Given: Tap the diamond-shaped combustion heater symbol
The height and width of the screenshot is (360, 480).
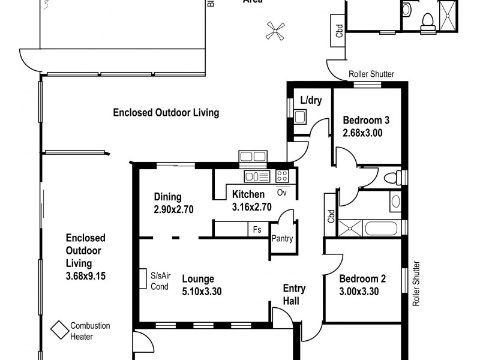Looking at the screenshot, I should click(x=59, y=330).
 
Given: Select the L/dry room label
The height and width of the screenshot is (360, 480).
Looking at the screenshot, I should click(x=311, y=100).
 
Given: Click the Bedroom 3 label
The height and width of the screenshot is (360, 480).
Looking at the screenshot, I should click(x=365, y=120).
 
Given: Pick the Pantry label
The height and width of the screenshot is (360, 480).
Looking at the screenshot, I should click(x=282, y=239).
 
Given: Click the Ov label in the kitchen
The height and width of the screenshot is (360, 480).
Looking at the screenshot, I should click(x=282, y=193).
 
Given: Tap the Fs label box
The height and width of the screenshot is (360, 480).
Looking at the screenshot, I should click(x=257, y=229).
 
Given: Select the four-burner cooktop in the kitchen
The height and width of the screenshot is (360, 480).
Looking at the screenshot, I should click(x=282, y=176).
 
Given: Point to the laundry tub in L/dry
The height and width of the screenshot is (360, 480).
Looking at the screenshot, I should click(x=300, y=116).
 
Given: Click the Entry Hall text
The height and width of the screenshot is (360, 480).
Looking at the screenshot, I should click(x=294, y=294).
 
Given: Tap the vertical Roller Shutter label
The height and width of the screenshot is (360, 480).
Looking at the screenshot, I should click(x=415, y=284).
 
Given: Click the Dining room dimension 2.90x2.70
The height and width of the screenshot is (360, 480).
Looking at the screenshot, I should click(x=173, y=209).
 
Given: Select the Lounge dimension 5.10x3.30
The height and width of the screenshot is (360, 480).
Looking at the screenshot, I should click(x=202, y=292).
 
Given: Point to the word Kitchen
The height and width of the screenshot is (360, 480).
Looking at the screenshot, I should click(x=248, y=194).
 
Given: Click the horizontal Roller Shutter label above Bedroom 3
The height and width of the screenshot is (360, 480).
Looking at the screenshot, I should click(x=371, y=74).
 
